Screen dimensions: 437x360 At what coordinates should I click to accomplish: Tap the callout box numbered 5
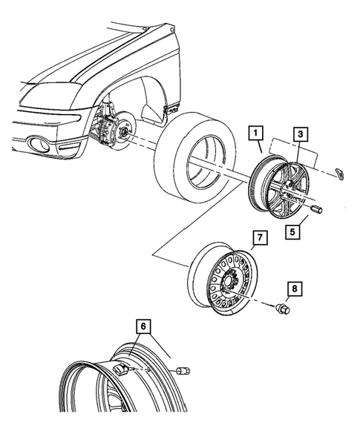tap(293, 232)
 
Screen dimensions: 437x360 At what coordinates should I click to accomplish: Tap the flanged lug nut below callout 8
tap(282, 308)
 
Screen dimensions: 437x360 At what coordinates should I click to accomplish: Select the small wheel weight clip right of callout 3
tap(341, 173)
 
